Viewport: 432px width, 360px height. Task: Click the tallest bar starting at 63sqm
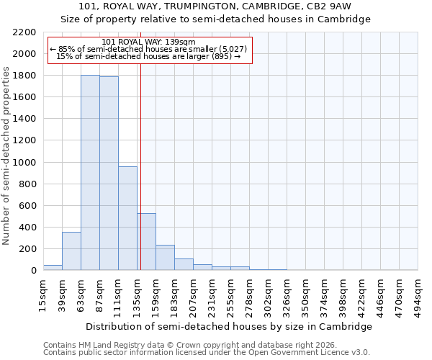click(90, 173)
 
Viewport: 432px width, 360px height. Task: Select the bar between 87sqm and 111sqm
click(109, 174)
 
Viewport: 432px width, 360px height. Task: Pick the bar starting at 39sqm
click(71, 251)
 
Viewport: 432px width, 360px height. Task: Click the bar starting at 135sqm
click(146, 242)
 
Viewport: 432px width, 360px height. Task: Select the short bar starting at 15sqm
click(53, 268)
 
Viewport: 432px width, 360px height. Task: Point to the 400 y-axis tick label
click(27, 228)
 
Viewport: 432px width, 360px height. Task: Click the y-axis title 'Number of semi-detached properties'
click(6, 156)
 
